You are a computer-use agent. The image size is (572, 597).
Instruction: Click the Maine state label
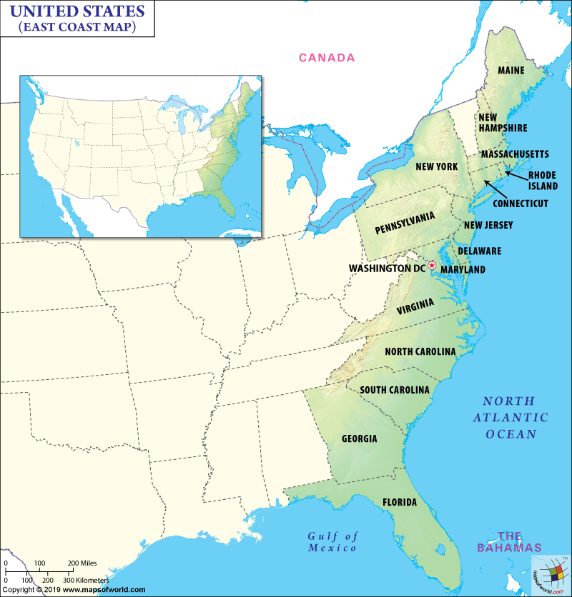(x=511, y=70)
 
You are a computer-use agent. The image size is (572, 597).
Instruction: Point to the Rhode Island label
(x=543, y=181)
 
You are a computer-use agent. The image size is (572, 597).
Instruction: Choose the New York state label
(x=436, y=166)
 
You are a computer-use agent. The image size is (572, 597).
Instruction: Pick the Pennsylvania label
(x=405, y=223)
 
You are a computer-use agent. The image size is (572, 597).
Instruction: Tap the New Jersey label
(x=488, y=226)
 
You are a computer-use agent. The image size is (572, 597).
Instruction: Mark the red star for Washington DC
(x=432, y=266)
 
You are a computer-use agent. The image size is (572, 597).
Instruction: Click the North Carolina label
(x=420, y=351)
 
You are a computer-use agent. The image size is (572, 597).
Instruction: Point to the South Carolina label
(x=395, y=390)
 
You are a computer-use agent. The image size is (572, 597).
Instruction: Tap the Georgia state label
(x=359, y=438)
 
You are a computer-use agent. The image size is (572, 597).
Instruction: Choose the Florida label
(x=400, y=502)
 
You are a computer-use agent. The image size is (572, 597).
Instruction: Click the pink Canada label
(x=326, y=58)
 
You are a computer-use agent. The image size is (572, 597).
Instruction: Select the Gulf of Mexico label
(x=332, y=542)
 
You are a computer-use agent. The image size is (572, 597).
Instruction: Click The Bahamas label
(x=510, y=541)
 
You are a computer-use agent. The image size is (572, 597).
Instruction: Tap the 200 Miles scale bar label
(x=82, y=563)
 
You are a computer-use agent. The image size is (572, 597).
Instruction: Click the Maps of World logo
(x=551, y=574)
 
